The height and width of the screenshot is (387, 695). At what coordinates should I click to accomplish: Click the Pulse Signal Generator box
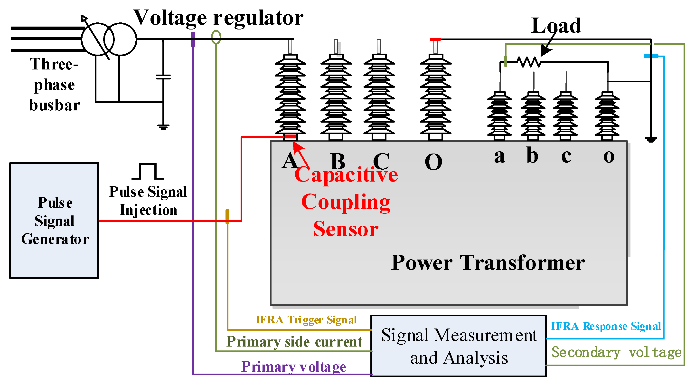click(54, 220)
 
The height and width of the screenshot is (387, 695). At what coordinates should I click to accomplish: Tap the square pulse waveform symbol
click(148, 171)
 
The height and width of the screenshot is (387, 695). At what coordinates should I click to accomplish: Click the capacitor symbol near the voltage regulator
click(163, 77)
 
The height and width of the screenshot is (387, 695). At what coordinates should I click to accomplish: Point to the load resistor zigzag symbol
click(529, 62)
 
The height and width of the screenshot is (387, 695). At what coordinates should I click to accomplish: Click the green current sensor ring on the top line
click(216, 37)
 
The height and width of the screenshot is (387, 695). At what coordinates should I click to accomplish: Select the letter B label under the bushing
click(338, 162)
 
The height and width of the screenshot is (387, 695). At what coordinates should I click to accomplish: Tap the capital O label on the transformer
click(433, 162)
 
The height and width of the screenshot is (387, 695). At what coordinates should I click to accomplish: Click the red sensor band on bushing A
click(290, 137)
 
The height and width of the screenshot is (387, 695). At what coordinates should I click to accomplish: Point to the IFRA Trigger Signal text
click(306, 320)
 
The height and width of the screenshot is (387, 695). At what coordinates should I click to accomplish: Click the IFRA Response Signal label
click(605, 326)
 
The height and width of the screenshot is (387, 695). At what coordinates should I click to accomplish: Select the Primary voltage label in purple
click(293, 367)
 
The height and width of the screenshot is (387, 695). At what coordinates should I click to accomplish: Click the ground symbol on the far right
click(651, 140)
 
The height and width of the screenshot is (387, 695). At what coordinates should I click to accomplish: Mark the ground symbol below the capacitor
click(163, 127)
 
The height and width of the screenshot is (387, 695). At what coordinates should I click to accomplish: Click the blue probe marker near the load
click(651, 56)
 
